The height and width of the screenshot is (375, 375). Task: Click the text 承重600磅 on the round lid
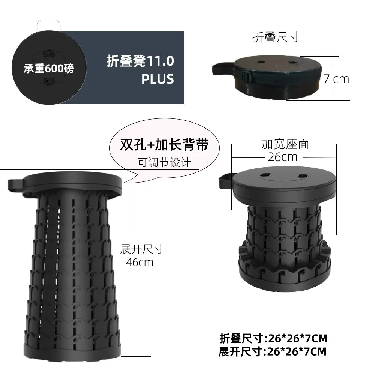point(49,69)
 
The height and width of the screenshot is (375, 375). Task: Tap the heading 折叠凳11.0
point(140,61)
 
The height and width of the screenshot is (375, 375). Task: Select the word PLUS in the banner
point(157,79)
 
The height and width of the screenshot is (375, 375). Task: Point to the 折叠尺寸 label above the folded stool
point(276,37)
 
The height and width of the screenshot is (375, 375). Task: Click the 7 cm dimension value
point(336,79)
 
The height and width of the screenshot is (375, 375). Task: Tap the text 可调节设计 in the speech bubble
point(164,162)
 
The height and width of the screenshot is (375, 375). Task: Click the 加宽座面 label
point(285,144)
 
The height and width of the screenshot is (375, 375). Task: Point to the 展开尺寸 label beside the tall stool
point(142,249)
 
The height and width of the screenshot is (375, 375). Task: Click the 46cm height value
point(139,262)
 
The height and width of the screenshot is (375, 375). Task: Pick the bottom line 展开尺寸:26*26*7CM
point(273,352)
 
